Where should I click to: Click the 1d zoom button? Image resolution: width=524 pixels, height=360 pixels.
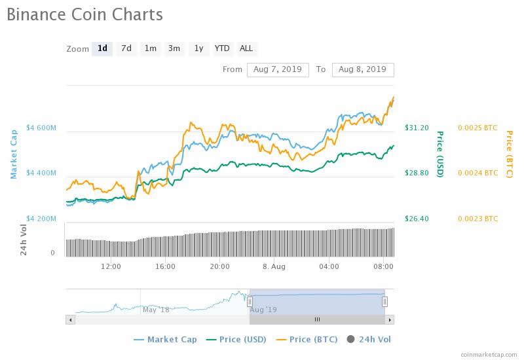[x=102, y=48]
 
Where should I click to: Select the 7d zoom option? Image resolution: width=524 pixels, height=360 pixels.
[x=126, y=48]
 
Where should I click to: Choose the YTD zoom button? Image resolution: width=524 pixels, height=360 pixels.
[x=222, y=48]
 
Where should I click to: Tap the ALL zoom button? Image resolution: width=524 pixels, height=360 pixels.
[x=246, y=48]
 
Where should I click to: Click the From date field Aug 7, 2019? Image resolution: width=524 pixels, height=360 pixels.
[x=278, y=69]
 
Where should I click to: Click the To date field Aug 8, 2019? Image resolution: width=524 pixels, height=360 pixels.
[x=363, y=69]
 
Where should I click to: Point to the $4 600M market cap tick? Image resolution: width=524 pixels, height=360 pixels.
[x=41, y=128]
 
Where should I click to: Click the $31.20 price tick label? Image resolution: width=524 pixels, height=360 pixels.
[x=417, y=128]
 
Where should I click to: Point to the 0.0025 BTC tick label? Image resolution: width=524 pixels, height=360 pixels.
[x=477, y=128]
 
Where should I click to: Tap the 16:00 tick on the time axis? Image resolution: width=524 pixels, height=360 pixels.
[x=165, y=266]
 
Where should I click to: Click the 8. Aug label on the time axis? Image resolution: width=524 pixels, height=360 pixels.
[x=274, y=266]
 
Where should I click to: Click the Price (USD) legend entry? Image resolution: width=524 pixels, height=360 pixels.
[x=237, y=340]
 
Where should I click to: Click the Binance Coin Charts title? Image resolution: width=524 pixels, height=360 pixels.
[x=84, y=14]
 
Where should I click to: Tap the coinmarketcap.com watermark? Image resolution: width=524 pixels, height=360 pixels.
[x=488, y=354]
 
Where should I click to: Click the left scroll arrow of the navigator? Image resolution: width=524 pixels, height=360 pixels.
[x=70, y=319]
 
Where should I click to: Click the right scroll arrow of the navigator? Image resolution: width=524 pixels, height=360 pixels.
[x=390, y=319]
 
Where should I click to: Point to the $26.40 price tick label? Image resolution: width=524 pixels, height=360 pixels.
[x=417, y=219]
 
